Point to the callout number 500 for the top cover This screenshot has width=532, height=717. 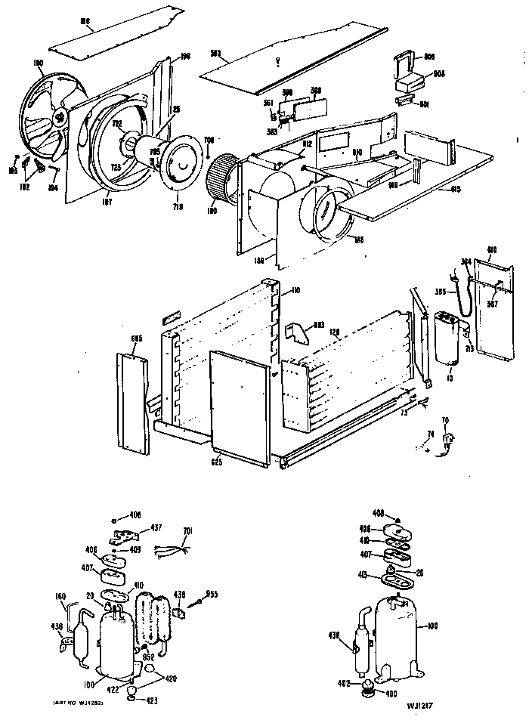point(215,53)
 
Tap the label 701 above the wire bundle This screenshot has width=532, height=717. point(188,530)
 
